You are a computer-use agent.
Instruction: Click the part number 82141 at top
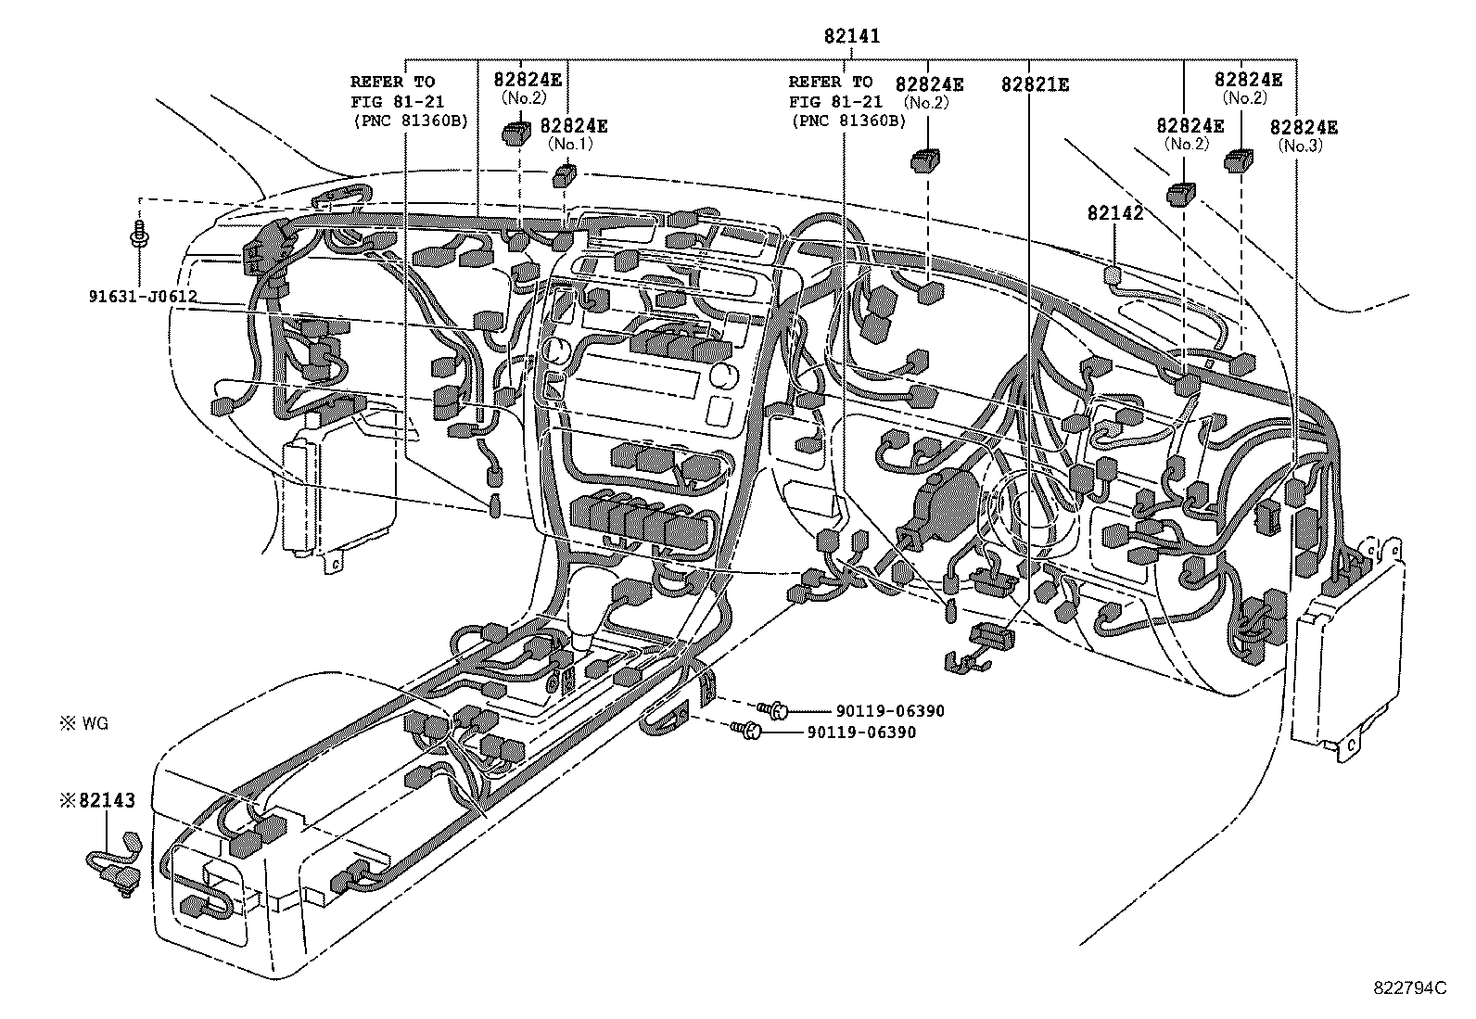pos(852,36)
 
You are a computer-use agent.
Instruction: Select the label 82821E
pos(1035,84)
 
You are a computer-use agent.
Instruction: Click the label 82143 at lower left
pos(99,799)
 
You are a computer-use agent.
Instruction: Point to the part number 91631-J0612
pos(143,298)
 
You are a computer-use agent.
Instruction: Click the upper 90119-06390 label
pos(889,711)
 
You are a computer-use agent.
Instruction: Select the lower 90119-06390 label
pos(861,732)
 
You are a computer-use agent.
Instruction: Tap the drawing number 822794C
pos(1409,987)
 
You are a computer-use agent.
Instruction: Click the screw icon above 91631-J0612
pos(139,234)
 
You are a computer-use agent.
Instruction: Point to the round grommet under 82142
pos(1112,274)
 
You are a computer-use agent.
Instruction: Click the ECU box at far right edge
pos(1345,649)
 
